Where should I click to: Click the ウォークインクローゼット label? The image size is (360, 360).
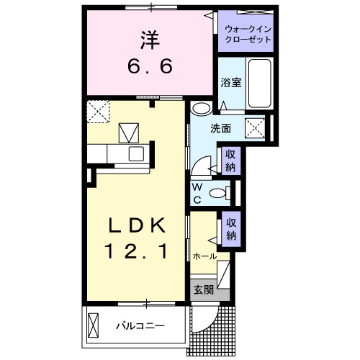pyautogui.click(x=248, y=34)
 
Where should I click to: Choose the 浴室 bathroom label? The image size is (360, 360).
pyautogui.click(x=230, y=82)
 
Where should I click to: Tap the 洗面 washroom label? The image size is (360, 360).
pyautogui.click(x=220, y=129)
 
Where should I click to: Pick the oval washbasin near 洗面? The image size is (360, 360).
pyautogui.click(x=202, y=109)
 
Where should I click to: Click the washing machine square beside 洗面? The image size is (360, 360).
pyautogui.click(x=256, y=127)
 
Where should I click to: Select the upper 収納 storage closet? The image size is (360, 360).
pyautogui.click(x=230, y=160)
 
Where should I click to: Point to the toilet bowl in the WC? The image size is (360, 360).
pyautogui.click(x=218, y=192)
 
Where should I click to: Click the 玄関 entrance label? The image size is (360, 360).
pyautogui.click(x=204, y=290)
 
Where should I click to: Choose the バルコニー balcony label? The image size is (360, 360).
pyautogui.click(x=141, y=325)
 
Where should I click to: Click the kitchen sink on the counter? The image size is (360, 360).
pyautogui.click(x=136, y=153)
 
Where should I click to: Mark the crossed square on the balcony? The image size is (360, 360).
pyautogui.click(x=94, y=325)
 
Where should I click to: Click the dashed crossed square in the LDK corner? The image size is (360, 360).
pyautogui.click(x=96, y=111)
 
